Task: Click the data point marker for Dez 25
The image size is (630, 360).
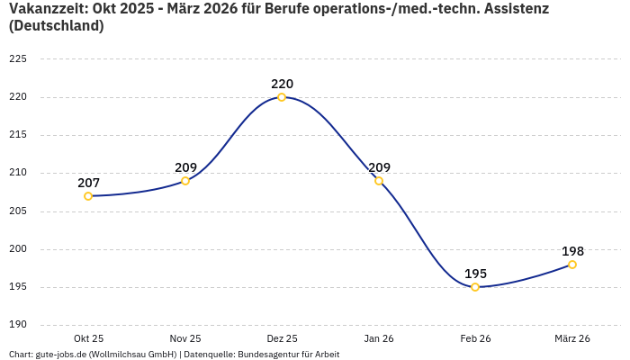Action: (x=282, y=97)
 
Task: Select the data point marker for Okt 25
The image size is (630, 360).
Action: (x=88, y=196)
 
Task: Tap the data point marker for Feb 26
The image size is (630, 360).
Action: (x=475, y=287)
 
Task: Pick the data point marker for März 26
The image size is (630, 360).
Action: (x=572, y=265)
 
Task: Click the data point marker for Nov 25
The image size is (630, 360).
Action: (x=185, y=181)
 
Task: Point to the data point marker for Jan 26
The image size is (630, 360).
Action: (x=379, y=181)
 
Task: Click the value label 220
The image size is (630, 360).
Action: (x=282, y=84)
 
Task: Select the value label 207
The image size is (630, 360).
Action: (x=88, y=183)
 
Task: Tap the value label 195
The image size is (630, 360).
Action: (x=475, y=274)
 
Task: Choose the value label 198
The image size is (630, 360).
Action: (x=572, y=251)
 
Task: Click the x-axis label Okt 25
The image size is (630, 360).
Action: (x=88, y=338)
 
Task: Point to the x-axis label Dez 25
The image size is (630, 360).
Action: (x=282, y=338)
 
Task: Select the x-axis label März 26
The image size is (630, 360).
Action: (x=572, y=338)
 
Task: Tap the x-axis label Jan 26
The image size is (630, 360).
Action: (x=379, y=338)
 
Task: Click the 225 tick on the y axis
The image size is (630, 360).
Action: (x=18, y=58)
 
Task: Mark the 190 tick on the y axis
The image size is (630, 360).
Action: (x=18, y=325)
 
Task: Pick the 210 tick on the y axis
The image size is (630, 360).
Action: (x=18, y=173)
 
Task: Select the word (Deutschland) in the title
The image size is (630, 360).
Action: (x=56, y=26)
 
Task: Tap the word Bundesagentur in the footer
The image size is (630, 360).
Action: (x=266, y=355)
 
